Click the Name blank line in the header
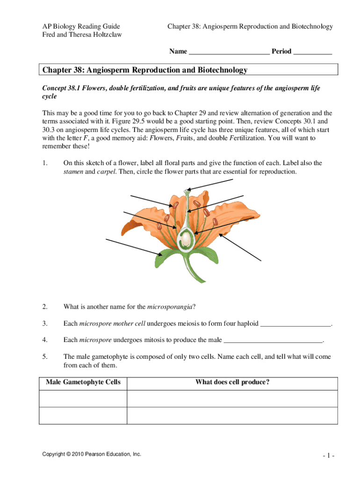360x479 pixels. click(229, 52)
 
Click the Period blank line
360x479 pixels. click(312, 52)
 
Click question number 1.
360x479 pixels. click(45, 163)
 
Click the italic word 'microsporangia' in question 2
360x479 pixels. click(170, 307)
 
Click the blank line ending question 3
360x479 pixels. click(295, 324)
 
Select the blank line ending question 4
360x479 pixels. click(274, 340)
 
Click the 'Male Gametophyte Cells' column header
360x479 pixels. click(83, 382)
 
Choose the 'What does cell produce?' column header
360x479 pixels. click(232, 382)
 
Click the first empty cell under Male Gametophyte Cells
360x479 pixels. click(83, 398)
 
